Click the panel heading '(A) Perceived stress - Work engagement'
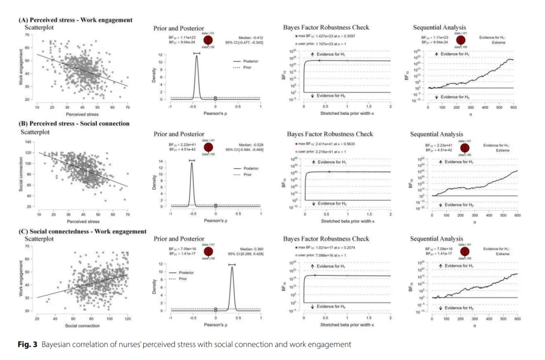(x=75, y=20)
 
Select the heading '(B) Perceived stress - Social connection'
(x=74, y=124)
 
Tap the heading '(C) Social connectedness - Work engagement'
(x=82, y=231)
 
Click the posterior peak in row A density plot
(x=196, y=56)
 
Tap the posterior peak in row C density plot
(x=232, y=267)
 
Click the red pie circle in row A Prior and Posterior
(x=208, y=40)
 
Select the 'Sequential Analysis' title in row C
(x=437, y=239)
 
